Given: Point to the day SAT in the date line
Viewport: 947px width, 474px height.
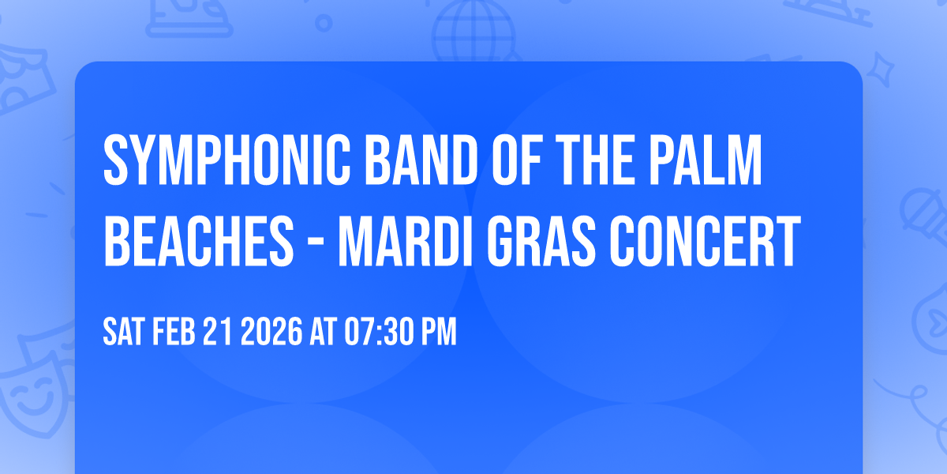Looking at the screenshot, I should (122, 333).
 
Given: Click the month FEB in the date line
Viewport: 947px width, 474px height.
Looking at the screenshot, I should (174, 333).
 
